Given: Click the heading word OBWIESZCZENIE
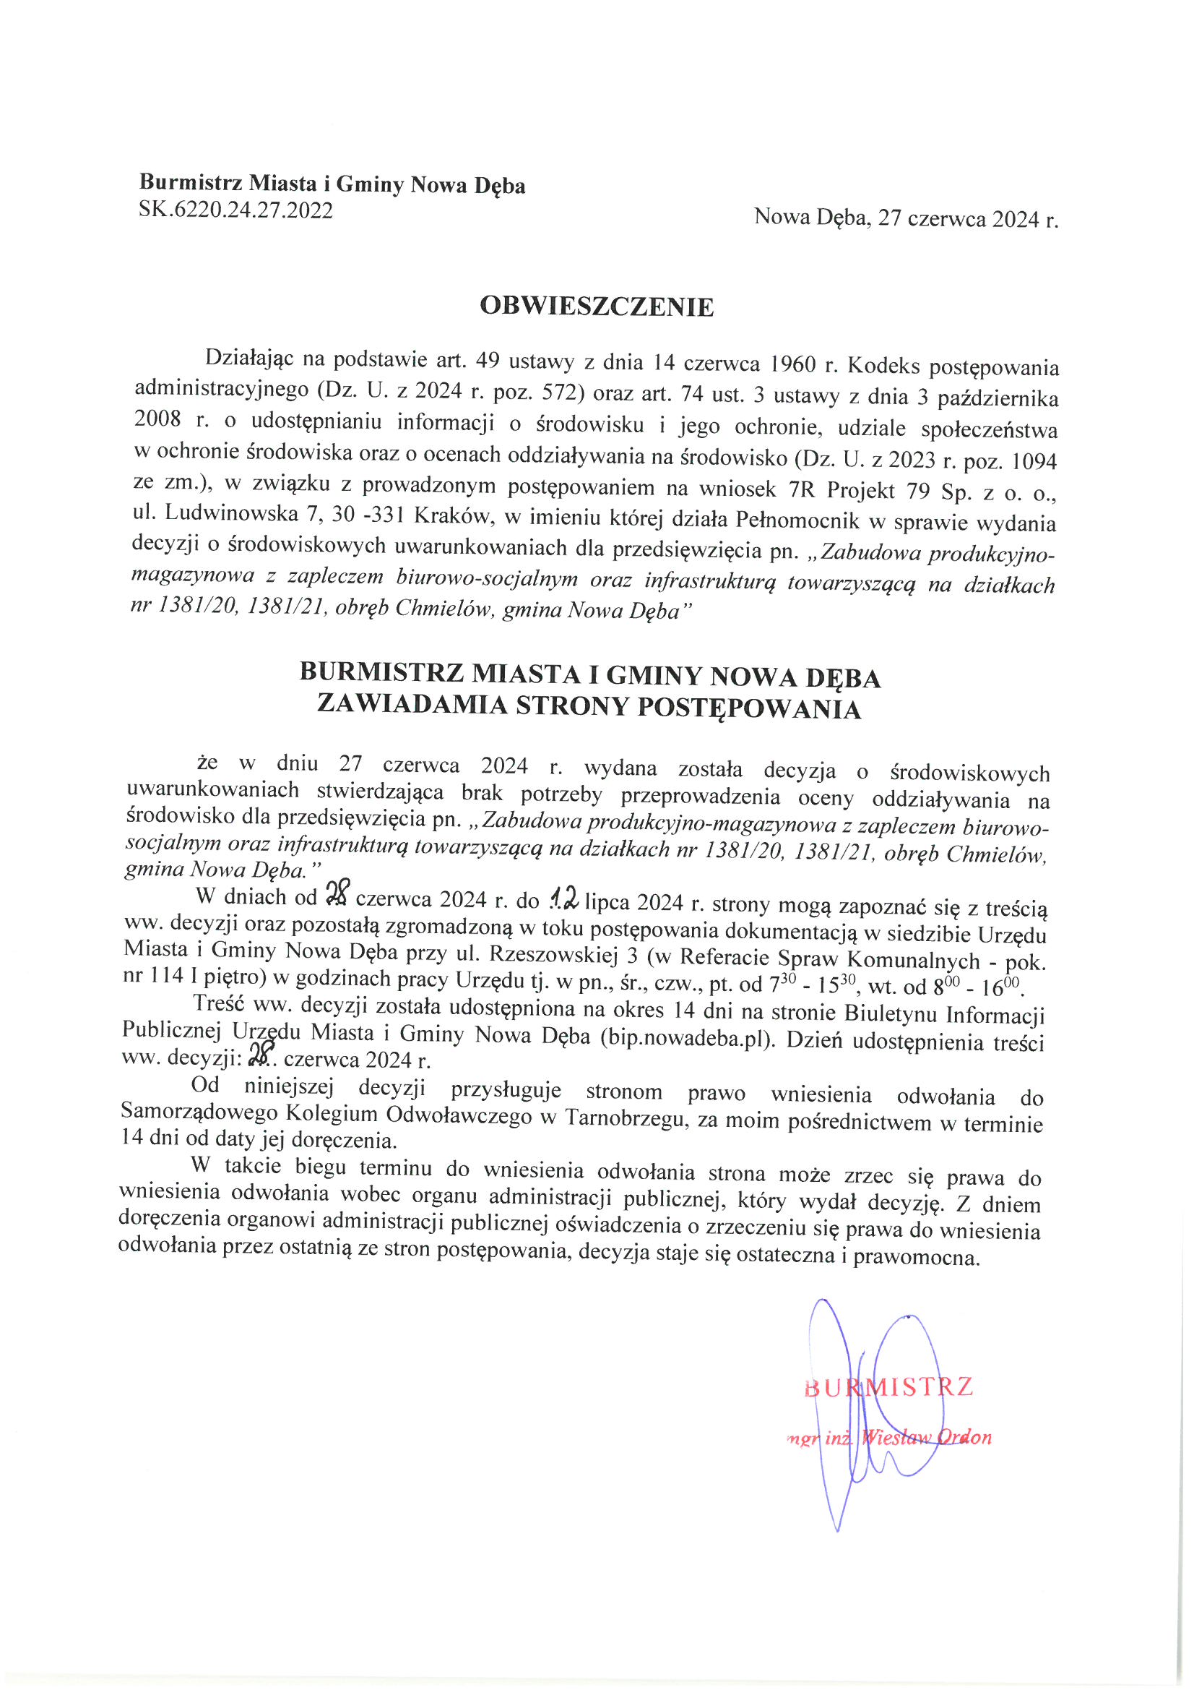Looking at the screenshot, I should (x=596, y=306).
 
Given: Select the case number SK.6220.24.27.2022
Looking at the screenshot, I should (x=235, y=211).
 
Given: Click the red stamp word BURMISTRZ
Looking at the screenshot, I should (x=888, y=1387).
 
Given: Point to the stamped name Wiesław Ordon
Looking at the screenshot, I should (x=927, y=1438).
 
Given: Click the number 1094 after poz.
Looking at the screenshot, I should (x=1034, y=461).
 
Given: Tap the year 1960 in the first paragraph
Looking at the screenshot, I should (x=793, y=364).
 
